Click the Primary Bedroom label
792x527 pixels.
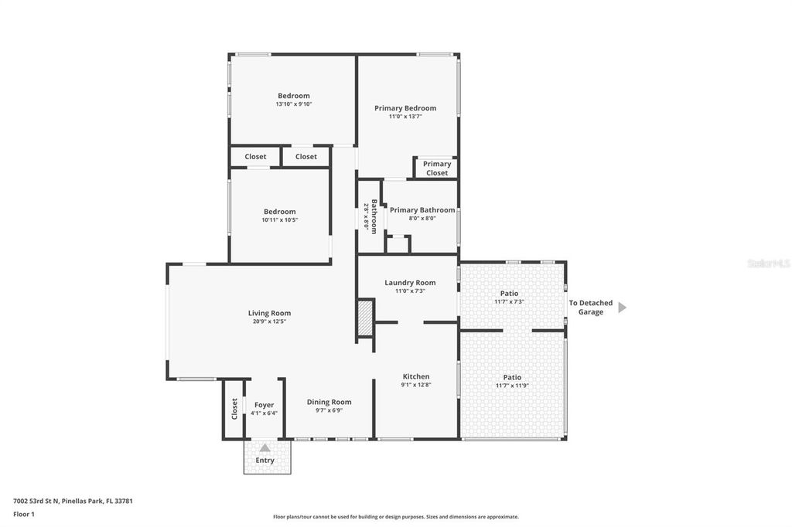pos(405,108)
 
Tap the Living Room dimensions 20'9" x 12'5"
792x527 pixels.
pos(269,321)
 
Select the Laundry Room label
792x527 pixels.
pos(410,283)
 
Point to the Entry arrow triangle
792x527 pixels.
pos(265,447)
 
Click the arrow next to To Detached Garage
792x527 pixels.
pos(622,308)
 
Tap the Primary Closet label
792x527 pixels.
pos(437,168)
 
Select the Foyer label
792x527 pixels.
pos(265,404)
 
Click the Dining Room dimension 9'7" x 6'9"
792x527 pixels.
pos(329,410)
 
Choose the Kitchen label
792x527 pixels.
pos(415,376)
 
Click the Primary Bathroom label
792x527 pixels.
pos(422,210)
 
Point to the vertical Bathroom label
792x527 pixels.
pos(374,216)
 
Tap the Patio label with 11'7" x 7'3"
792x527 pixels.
pos(509,293)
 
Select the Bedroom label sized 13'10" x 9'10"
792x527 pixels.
pos(294,96)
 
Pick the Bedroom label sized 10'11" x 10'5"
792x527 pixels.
pos(279,212)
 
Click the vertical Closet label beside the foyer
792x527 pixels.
pos(235,409)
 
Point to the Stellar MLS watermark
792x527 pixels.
pos(768,263)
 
